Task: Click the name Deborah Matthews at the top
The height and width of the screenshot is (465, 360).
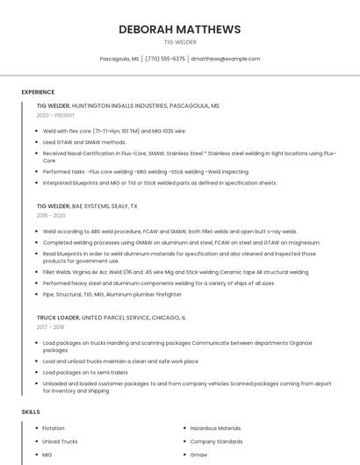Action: tap(180, 30)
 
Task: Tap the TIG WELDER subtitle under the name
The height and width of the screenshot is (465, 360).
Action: tap(180, 42)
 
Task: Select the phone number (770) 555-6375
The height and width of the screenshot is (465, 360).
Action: tap(165, 59)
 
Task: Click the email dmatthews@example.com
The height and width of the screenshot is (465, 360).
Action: tap(226, 59)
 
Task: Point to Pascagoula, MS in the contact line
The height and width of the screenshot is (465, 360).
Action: tap(119, 59)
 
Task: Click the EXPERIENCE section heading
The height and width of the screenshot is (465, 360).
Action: tap(38, 91)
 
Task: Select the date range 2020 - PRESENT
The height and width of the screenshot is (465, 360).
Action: tap(55, 115)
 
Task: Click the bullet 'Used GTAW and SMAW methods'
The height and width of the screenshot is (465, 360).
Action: tap(84, 141)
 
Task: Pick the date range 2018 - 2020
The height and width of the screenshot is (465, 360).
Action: tap(51, 215)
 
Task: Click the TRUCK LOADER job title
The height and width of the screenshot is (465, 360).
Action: tap(58, 318)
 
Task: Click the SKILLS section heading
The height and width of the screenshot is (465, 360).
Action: tap(31, 411)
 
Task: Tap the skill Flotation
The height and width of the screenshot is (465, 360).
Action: tap(54, 428)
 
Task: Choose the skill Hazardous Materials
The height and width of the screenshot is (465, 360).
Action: tap(215, 428)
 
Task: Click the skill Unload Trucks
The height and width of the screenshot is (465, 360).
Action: tap(60, 441)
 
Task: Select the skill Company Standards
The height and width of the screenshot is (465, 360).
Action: tap(216, 441)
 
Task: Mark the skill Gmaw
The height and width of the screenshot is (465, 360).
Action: tap(199, 455)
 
